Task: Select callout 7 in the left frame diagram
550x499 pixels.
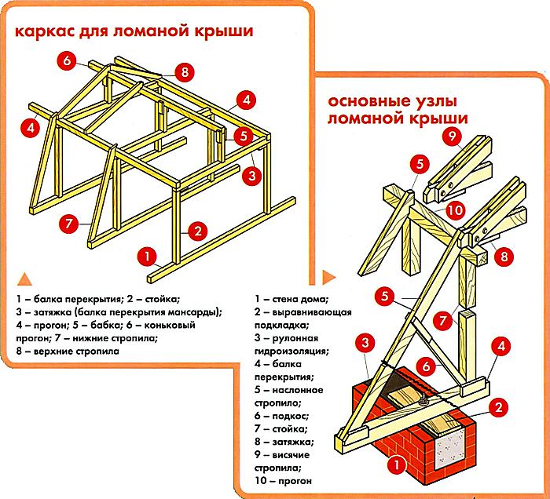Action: (x=68, y=223)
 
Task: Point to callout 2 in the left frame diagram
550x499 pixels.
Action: (x=197, y=231)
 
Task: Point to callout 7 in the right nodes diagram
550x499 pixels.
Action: (x=442, y=320)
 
